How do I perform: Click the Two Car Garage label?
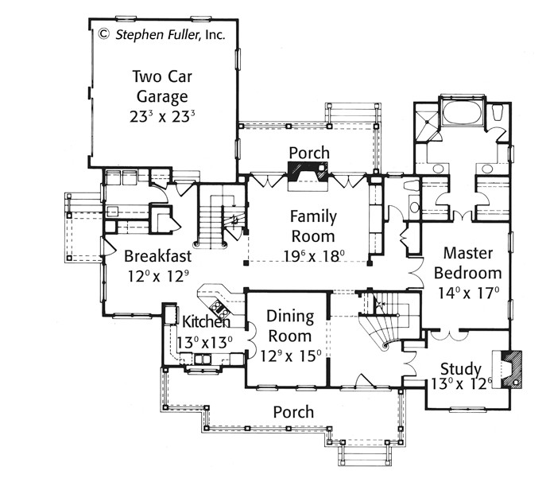[162, 87]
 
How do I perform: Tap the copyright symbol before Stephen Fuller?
[103, 34]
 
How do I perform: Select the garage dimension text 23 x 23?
[162, 117]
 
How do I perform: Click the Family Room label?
[313, 227]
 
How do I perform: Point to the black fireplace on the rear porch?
[308, 171]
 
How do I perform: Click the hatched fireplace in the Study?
[512, 369]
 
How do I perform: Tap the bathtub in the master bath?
[462, 112]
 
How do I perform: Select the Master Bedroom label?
[467, 263]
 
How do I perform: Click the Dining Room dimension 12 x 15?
[291, 356]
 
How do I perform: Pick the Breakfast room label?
[158, 256]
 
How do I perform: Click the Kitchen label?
[207, 321]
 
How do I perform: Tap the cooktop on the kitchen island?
[219, 309]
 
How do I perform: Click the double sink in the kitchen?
[203, 360]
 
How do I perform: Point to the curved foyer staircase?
[389, 323]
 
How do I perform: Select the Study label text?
[460, 369]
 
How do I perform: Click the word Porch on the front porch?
[293, 412]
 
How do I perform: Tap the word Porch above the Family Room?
[309, 153]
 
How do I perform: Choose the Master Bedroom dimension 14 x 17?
[469, 293]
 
